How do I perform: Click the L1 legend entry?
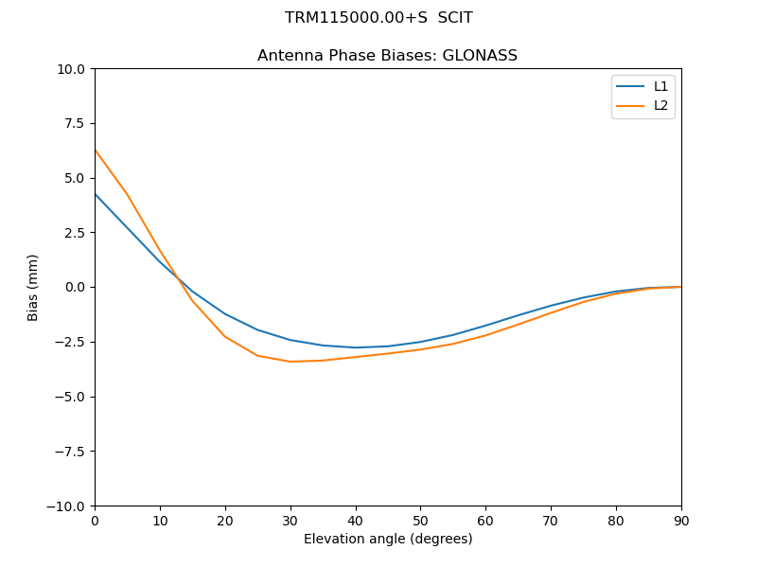660,86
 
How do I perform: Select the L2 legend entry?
660,105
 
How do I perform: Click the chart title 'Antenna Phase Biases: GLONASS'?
387,56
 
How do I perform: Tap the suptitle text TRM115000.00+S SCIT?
378,18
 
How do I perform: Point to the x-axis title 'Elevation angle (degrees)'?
388,540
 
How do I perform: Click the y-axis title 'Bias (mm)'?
33,287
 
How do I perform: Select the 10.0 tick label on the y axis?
73,69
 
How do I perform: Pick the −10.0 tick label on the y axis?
69,506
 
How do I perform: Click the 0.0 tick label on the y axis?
76,288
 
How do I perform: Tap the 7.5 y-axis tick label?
76,124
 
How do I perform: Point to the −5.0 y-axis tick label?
72,397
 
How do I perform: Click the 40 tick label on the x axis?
356,521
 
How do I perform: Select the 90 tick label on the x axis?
681,521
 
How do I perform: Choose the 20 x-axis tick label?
225,521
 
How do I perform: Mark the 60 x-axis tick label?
485,521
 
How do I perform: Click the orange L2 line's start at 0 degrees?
95,150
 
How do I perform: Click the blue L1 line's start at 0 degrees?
95,194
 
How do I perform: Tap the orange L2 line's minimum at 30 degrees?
290,362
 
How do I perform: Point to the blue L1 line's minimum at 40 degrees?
356,347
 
